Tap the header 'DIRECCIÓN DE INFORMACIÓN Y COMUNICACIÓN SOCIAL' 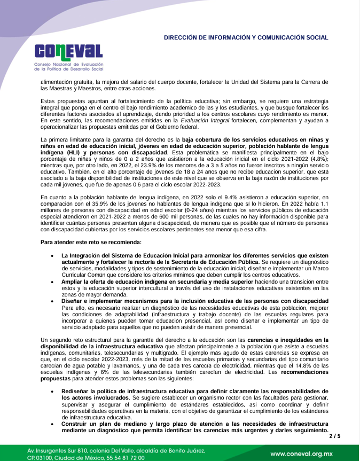click(x=246, y=38)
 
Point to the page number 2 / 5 click(x=334, y=436)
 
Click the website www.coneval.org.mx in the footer click(x=301, y=454)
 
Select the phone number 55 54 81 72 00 click(x=121, y=458)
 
